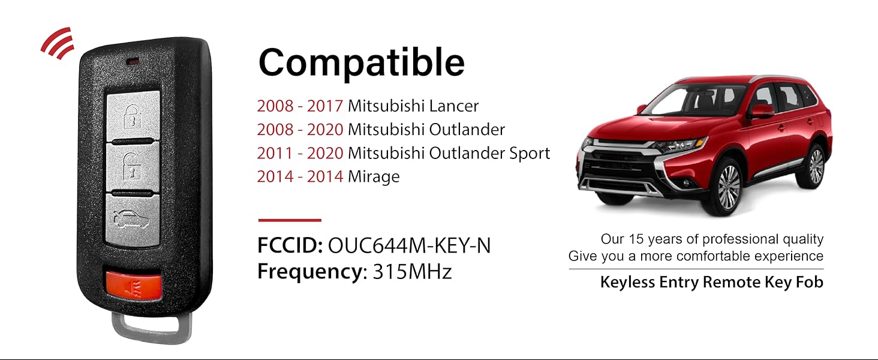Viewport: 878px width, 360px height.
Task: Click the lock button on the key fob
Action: click(x=133, y=115)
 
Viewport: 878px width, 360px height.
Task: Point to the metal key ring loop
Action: click(x=152, y=328)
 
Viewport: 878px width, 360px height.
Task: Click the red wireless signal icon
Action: click(x=58, y=43)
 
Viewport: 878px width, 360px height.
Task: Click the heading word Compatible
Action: click(x=362, y=63)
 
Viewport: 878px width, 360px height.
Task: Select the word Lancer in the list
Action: click(x=454, y=106)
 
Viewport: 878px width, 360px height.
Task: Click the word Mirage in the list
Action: click(x=374, y=177)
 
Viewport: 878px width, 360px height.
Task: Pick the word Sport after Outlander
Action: click(x=530, y=154)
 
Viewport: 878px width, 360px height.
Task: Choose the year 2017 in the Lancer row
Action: click(x=325, y=106)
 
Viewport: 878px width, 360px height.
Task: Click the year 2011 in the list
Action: click(x=275, y=154)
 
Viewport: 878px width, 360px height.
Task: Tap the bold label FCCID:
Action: click(x=290, y=245)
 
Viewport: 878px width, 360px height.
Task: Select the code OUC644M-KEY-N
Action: click(x=409, y=245)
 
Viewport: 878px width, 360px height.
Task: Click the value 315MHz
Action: click(x=413, y=271)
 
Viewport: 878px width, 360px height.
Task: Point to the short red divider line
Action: click(x=290, y=220)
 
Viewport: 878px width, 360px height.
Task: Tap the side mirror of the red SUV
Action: click(x=762, y=110)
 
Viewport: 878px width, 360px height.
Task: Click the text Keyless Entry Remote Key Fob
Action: click(x=711, y=283)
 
